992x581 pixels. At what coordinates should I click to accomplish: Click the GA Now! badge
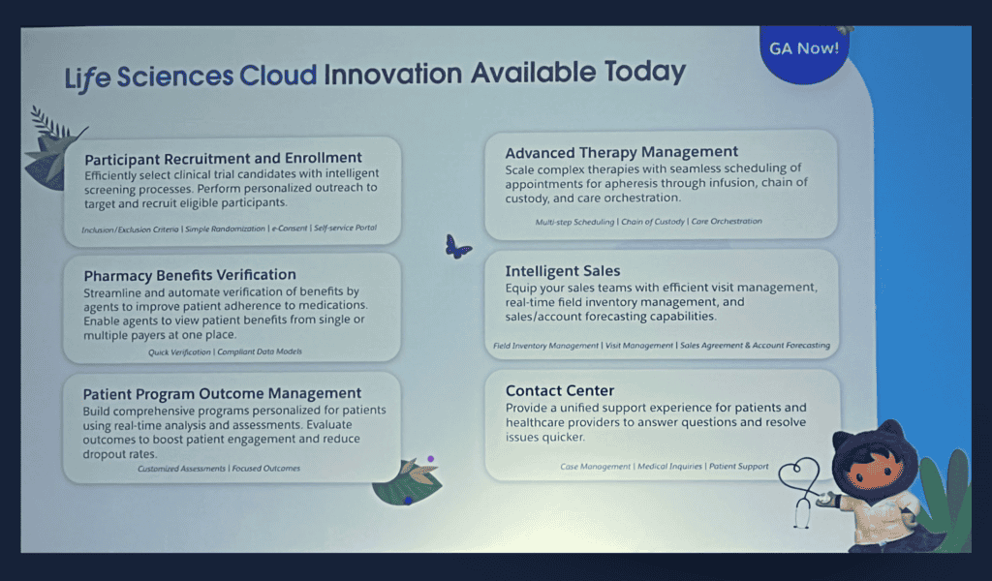(804, 53)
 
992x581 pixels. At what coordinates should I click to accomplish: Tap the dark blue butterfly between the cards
(457, 247)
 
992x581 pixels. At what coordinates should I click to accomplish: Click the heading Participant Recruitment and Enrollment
(224, 158)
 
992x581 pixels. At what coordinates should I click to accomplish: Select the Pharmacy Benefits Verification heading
(190, 275)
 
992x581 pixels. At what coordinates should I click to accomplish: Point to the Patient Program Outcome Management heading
(222, 394)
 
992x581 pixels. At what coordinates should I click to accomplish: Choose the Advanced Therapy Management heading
(621, 152)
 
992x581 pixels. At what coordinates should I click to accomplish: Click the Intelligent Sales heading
(563, 271)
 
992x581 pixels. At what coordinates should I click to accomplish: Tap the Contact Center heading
(560, 390)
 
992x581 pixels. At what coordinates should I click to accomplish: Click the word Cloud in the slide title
(278, 76)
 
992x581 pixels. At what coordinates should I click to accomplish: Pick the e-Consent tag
(289, 229)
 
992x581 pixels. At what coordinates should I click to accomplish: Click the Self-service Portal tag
(346, 228)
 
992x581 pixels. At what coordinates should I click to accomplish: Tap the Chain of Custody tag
(653, 222)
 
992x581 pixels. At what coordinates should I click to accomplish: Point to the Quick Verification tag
(179, 352)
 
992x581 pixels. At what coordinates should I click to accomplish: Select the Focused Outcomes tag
(265, 469)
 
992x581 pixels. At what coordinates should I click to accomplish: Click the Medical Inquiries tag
(669, 467)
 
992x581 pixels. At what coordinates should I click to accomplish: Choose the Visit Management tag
(639, 346)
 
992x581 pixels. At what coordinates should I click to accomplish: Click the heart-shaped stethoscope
(799, 491)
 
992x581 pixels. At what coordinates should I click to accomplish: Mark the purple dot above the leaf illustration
(431, 459)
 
